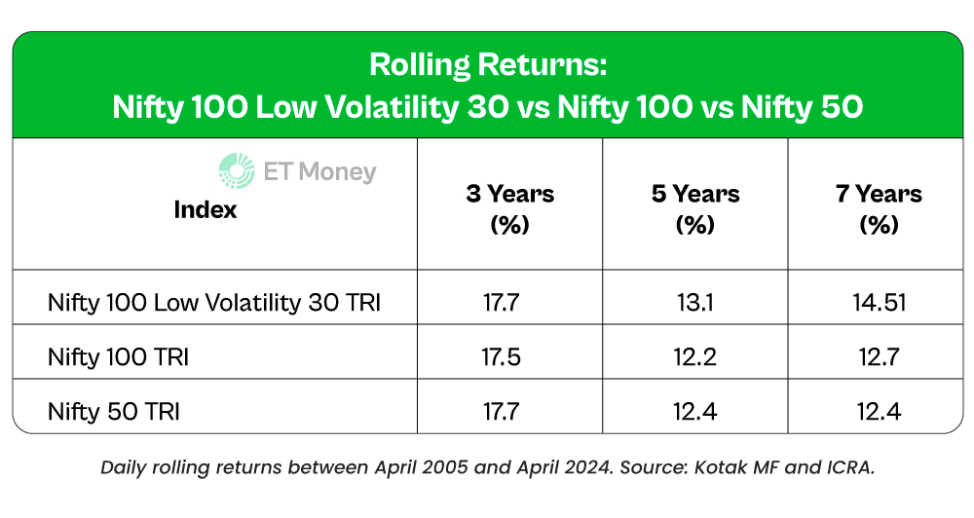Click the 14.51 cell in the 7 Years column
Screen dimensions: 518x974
[x=879, y=303]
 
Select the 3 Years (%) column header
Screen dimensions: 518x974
[x=509, y=208]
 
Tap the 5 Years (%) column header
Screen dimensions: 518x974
[x=694, y=208]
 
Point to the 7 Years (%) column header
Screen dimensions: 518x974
[x=879, y=208]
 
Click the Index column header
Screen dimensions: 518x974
[x=206, y=209]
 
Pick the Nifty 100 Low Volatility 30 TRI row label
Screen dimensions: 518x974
[x=213, y=303]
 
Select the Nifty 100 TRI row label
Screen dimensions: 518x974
[x=118, y=357]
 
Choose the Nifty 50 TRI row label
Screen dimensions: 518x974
[x=113, y=412]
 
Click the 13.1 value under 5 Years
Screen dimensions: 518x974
[x=694, y=303]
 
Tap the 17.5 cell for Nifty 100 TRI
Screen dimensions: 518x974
[x=509, y=357]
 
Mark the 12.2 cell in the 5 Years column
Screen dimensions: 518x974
[x=694, y=357]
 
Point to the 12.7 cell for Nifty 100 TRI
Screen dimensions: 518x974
[x=879, y=357]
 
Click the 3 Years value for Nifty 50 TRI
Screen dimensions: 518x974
[x=509, y=412]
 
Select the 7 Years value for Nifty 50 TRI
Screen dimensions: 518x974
[x=879, y=412]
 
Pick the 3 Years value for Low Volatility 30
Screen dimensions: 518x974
[x=509, y=303]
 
